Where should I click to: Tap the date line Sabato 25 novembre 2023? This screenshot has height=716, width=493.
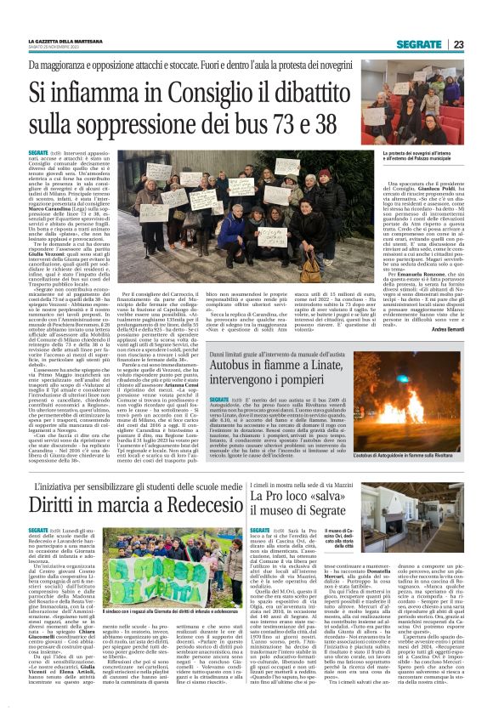[x=56, y=48]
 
